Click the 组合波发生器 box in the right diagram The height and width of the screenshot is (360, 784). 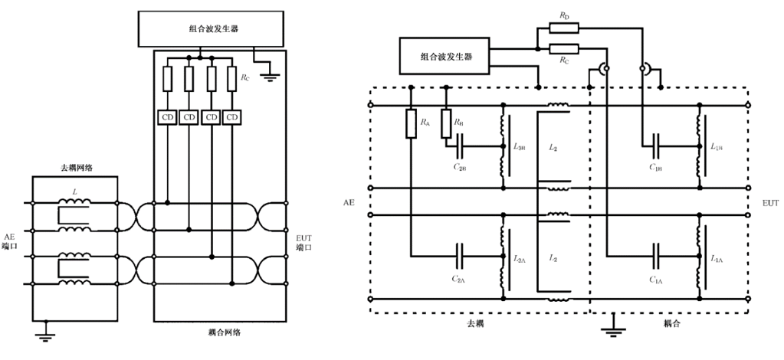coord(445,56)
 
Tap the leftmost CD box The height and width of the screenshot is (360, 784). coord(167,117)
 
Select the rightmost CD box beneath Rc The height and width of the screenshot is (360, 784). coord(233,117)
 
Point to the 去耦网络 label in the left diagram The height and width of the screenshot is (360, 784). coord(76,167)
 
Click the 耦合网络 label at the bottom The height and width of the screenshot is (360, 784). coord(223,333)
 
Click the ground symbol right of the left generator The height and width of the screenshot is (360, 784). coord(270,74)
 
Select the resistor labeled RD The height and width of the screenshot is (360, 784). coord(563,28)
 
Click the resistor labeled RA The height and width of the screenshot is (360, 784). coord(412,123)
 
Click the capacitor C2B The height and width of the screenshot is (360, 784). coord(461,146)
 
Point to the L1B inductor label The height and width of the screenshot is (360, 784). coord(717,146)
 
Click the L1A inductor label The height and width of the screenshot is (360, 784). coord(717,259)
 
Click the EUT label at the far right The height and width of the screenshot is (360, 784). coord(769,203)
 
